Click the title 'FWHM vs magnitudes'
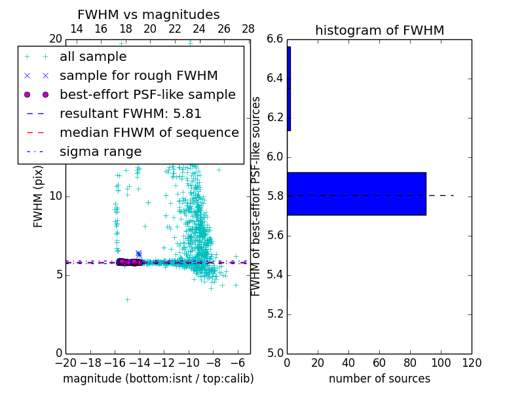coord(148,14)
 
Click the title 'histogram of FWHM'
coord(379,30)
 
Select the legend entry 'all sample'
coord(93,57)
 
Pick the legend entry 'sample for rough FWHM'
coord(138,76)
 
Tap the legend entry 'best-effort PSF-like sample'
coord(147,95)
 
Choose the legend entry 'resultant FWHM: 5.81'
coord(130,114)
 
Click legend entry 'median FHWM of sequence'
coord(149,133)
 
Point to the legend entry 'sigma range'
coord(100,152)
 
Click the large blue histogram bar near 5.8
coord(356,194)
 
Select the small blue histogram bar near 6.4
coord(289,88)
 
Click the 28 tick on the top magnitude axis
coord(248,29)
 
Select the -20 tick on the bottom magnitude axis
coord(65,363)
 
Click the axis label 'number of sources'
coord(379,379)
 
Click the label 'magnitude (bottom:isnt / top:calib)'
coord(158,379)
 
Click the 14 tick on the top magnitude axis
coord(76,29)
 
